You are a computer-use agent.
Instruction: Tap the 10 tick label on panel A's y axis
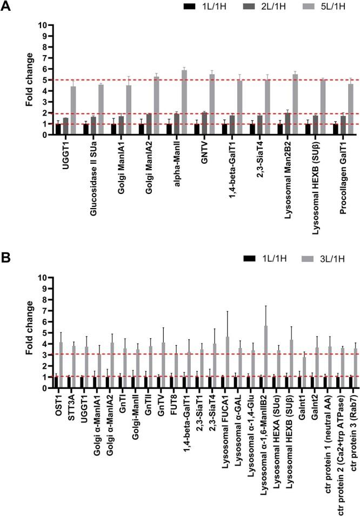tap(47, 25)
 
